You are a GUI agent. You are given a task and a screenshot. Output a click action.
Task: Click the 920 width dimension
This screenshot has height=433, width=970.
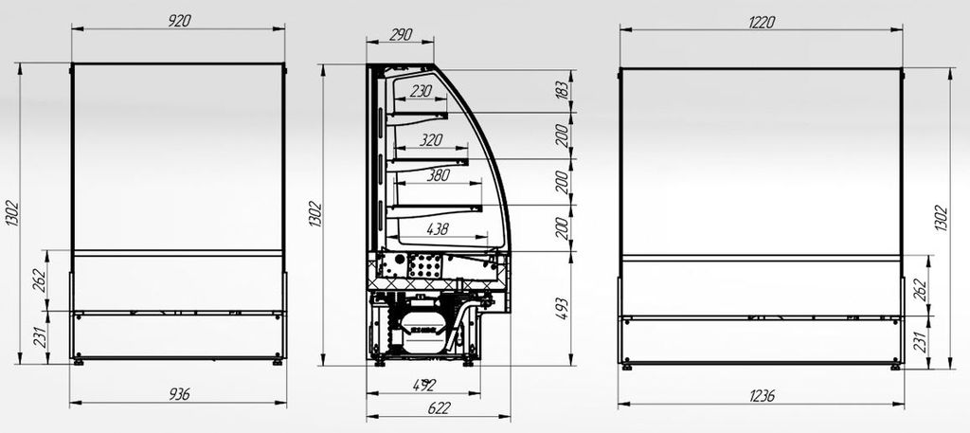pos(179,21)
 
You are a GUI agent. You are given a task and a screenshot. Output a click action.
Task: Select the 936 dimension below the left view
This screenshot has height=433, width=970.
pos(179,394)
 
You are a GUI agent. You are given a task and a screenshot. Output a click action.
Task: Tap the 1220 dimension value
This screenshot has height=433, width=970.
pos(762,23)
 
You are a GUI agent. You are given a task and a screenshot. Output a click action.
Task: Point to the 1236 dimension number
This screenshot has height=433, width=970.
pos(762,396)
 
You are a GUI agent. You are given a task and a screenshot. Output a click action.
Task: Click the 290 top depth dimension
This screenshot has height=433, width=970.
pos(401,35)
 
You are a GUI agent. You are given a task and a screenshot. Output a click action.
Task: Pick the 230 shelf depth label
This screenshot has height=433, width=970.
pos(421,91)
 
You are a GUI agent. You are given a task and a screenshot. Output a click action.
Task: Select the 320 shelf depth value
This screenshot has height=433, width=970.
pos(431,140)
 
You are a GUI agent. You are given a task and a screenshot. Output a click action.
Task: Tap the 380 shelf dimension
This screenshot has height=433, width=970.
pos(438,175)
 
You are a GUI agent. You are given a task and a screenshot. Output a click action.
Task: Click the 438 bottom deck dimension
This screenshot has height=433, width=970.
pos(438,229)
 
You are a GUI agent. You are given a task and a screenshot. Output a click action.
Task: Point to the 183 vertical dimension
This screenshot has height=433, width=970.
pos(561,91)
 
